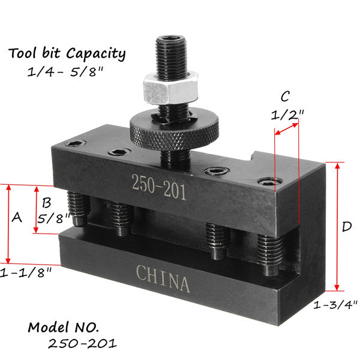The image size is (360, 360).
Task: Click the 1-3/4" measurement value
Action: pos(336,305)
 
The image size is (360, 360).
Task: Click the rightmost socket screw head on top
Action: pos(267,181)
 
